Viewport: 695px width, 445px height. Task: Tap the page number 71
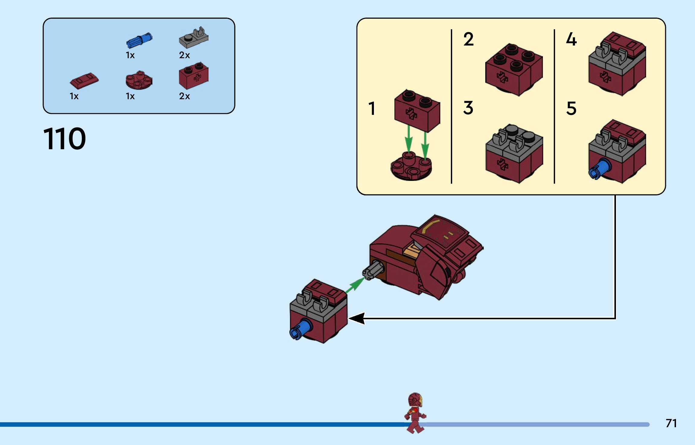(671, 423)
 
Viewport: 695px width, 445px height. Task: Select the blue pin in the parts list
(139, 41)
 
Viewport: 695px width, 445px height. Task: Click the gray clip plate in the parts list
(193, 39)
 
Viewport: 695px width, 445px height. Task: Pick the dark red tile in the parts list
(84, 80)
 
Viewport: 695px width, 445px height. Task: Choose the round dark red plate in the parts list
(139, 80)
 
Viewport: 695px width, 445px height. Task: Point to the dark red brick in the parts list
(193, 76)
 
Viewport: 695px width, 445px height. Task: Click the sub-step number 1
(372, 109)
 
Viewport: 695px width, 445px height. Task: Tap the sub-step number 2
(468, 39)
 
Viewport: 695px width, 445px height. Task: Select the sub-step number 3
(468, 108)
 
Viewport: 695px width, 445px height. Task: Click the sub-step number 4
(571, 39)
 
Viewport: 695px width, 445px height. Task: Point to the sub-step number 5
(571, 108)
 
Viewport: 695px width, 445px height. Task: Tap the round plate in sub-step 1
(411, 167)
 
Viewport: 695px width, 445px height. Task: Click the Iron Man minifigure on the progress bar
(415, 412)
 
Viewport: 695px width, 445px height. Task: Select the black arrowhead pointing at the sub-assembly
(357, 318)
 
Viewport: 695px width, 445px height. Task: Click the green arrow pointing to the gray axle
(355, 285)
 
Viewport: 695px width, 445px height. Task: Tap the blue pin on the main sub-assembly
(301, 330)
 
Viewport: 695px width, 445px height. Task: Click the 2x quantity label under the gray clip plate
(184, 55)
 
